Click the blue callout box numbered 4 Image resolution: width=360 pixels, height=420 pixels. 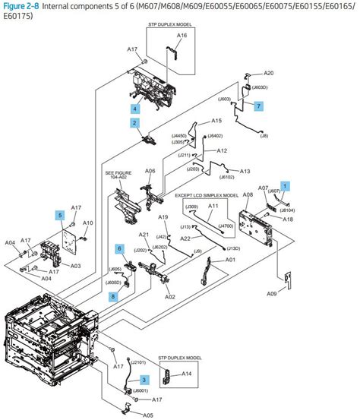tap(134, 108)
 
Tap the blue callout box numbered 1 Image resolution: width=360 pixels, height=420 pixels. tap(285, 185)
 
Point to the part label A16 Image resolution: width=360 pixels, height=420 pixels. tap(182, 36)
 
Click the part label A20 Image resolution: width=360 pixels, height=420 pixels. tap(268, 74)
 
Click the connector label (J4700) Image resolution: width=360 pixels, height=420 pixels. tap(226, 226)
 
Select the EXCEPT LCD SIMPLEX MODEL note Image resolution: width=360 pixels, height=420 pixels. tap(207, 195)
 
